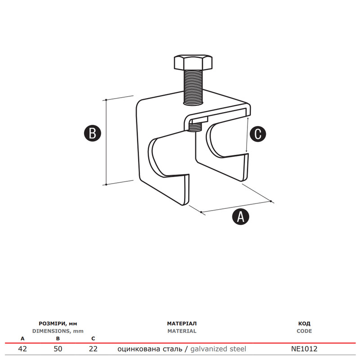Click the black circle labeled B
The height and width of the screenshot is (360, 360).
pos(93,133)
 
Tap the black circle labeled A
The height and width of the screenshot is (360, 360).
pos(241,216)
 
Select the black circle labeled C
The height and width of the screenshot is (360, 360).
pos(258,134)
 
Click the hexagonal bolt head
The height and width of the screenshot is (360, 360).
pos(193,62)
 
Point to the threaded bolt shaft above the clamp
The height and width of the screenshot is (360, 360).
pos(193,87)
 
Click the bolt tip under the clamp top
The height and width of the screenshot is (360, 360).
pos(195,127)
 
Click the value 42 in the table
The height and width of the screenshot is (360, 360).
pos(22,349)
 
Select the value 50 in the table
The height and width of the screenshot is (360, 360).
pos(58,349)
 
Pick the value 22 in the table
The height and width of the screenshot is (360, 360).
pos(93,349)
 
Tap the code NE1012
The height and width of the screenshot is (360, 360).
pos(304,349)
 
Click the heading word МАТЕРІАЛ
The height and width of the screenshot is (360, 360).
pos(182,324)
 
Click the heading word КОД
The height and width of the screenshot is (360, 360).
pos(304,324)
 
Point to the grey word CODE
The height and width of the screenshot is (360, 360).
pos(304,331)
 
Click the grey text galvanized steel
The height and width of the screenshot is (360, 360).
pos(218,349)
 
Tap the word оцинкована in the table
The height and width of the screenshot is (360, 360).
pos(139,349)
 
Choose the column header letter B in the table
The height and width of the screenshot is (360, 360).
pos(58,339)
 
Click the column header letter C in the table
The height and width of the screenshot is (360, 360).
pos(93,339)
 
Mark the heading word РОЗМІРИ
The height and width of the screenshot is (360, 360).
pos(52,324)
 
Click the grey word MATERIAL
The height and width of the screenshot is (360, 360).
pos(182,331)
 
